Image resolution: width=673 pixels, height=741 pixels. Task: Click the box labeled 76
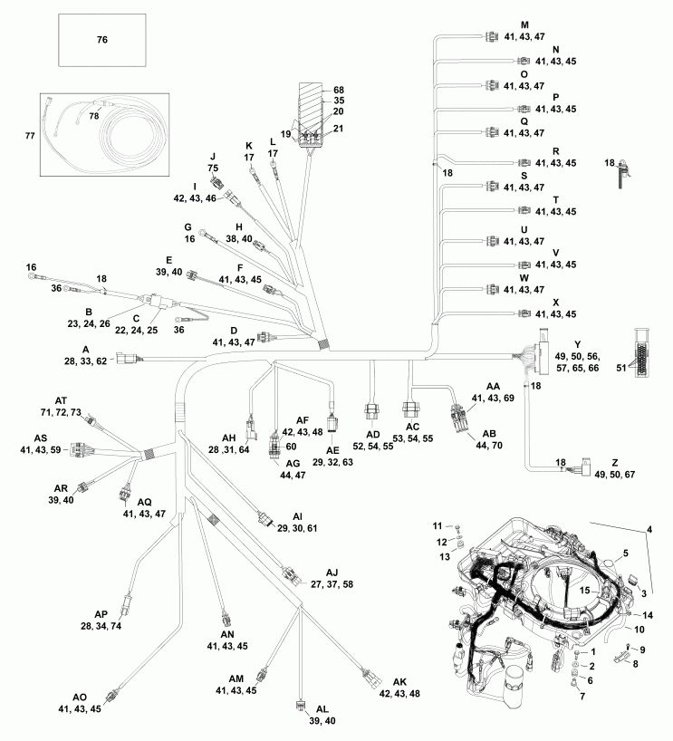tap(101, 41)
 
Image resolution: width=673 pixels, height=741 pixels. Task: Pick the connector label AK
tap(399, 681)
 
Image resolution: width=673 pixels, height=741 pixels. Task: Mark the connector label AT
tap(61, 399)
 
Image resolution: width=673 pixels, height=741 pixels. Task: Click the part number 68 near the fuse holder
tap(339, 90)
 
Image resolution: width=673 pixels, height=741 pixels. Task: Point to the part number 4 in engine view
tap(649, 528)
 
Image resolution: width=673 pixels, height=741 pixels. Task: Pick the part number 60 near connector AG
tap(292, 447)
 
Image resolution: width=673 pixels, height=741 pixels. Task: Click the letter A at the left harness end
tap(85, 349)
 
